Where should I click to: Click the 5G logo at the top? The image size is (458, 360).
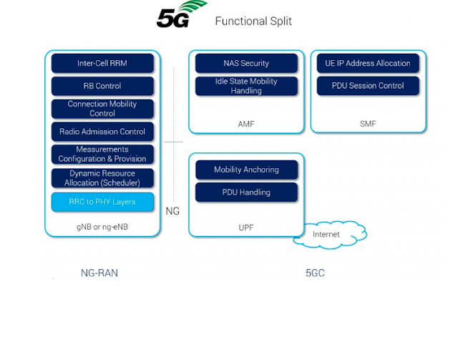[x=181, y=15]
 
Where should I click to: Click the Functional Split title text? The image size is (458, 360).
[x=253, y=21]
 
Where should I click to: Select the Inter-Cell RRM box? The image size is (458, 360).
[x=102, y=63]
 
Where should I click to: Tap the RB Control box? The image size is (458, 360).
[x=102, y=86]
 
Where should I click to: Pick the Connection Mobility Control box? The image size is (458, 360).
[x=102, y=109]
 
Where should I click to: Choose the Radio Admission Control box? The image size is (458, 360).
[x=102, y=132]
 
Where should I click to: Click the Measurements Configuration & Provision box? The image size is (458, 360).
[x=102, y=154]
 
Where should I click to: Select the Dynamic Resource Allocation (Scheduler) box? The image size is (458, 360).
[x=102, y=178]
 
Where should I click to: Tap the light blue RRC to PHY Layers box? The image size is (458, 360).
[x=102, y=202]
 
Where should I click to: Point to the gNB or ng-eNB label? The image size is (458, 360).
[x=102, y=227]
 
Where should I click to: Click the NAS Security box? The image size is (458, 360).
[x=246, y=63]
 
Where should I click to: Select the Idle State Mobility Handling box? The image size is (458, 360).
[x=246, y=87]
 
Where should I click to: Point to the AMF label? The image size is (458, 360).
[x=246, y=124]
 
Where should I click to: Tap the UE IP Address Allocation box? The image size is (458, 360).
[x=368, y=63]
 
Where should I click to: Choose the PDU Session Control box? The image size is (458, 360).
[x=368, y=86]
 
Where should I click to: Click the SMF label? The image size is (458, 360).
[x=368, y=124]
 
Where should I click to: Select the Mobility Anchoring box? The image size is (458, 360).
[x=246, y=170]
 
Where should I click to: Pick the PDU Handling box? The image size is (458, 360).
[x=246, y=192]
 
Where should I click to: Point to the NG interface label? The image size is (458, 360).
[x=172, y=211]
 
